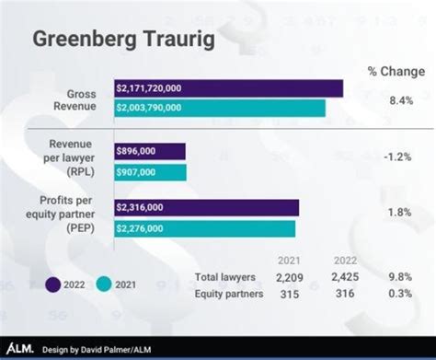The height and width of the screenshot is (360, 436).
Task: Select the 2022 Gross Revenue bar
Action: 228,88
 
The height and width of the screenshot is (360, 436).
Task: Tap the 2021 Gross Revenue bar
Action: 220,108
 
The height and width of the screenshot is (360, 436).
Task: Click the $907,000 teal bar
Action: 150,172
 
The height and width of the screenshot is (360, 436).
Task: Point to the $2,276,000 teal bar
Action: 205,228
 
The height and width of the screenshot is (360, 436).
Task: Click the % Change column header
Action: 395,72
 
